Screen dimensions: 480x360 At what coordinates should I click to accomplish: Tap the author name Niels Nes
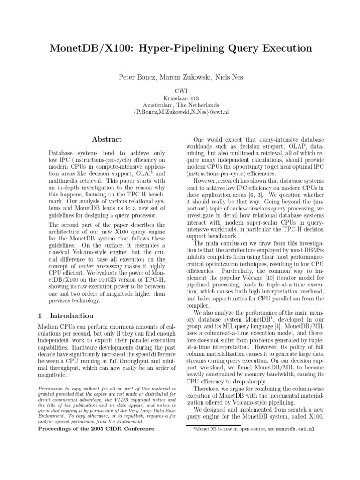[228, 77]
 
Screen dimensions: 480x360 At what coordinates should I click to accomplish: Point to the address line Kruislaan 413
[180, 98]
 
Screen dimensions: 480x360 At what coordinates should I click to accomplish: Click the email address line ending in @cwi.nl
[180, 113]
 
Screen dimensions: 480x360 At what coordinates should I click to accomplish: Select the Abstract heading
[107, 139]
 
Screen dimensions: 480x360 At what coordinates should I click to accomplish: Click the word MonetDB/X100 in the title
[88, 48]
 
